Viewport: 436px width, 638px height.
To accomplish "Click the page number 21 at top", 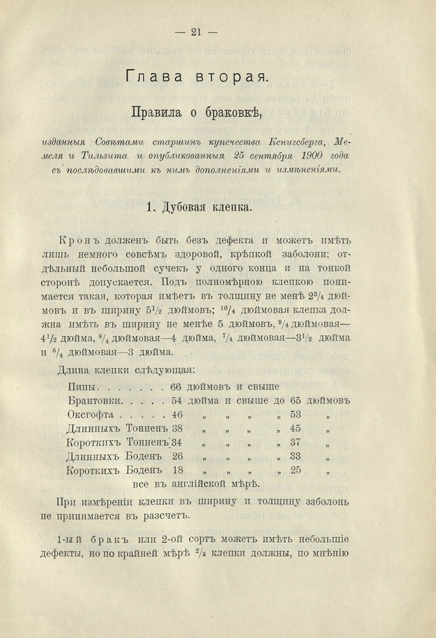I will click(x=196, y=33).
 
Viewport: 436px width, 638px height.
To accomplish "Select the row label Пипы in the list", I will click(x=82, y=386).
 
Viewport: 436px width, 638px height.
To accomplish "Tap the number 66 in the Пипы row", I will click(x=176, y=386).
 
